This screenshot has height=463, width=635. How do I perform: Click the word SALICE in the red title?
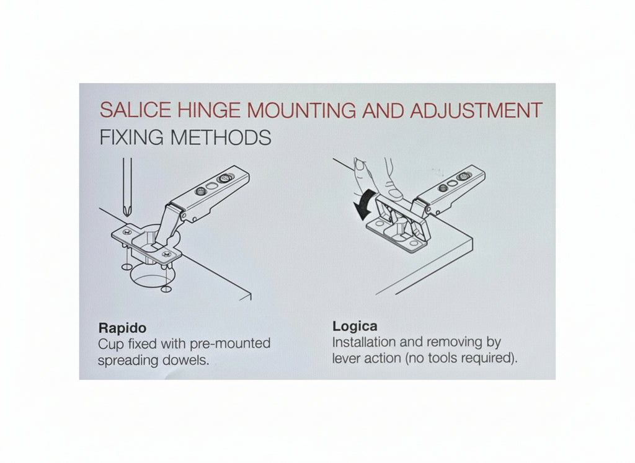coord(135,110)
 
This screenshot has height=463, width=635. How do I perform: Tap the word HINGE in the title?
coord(209,110)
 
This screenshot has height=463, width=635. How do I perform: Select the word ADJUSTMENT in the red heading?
coord(476,110)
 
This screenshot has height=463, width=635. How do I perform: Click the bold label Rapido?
coord(122,327)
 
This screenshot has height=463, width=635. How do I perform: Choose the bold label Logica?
coord(355,326)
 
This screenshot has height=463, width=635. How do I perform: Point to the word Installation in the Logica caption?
coord(363,342)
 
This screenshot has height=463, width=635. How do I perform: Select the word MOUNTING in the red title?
coord(301,110)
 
